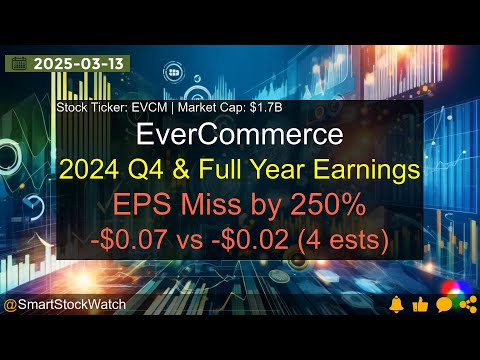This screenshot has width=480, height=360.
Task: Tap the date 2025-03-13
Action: pyautogui.click(x=72, y=63)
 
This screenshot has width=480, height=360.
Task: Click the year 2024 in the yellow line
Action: pyautogui.click(x=88, y=171)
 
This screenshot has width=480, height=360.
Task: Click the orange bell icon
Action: pyautogui.click(x=398, y=304)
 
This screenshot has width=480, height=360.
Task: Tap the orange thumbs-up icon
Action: pyautogui.click(x=420, y=304)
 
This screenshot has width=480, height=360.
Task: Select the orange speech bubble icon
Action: pyautogui.click(x=443, y=304)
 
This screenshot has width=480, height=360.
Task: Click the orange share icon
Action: pyautogui.click(x=466, y=304)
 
